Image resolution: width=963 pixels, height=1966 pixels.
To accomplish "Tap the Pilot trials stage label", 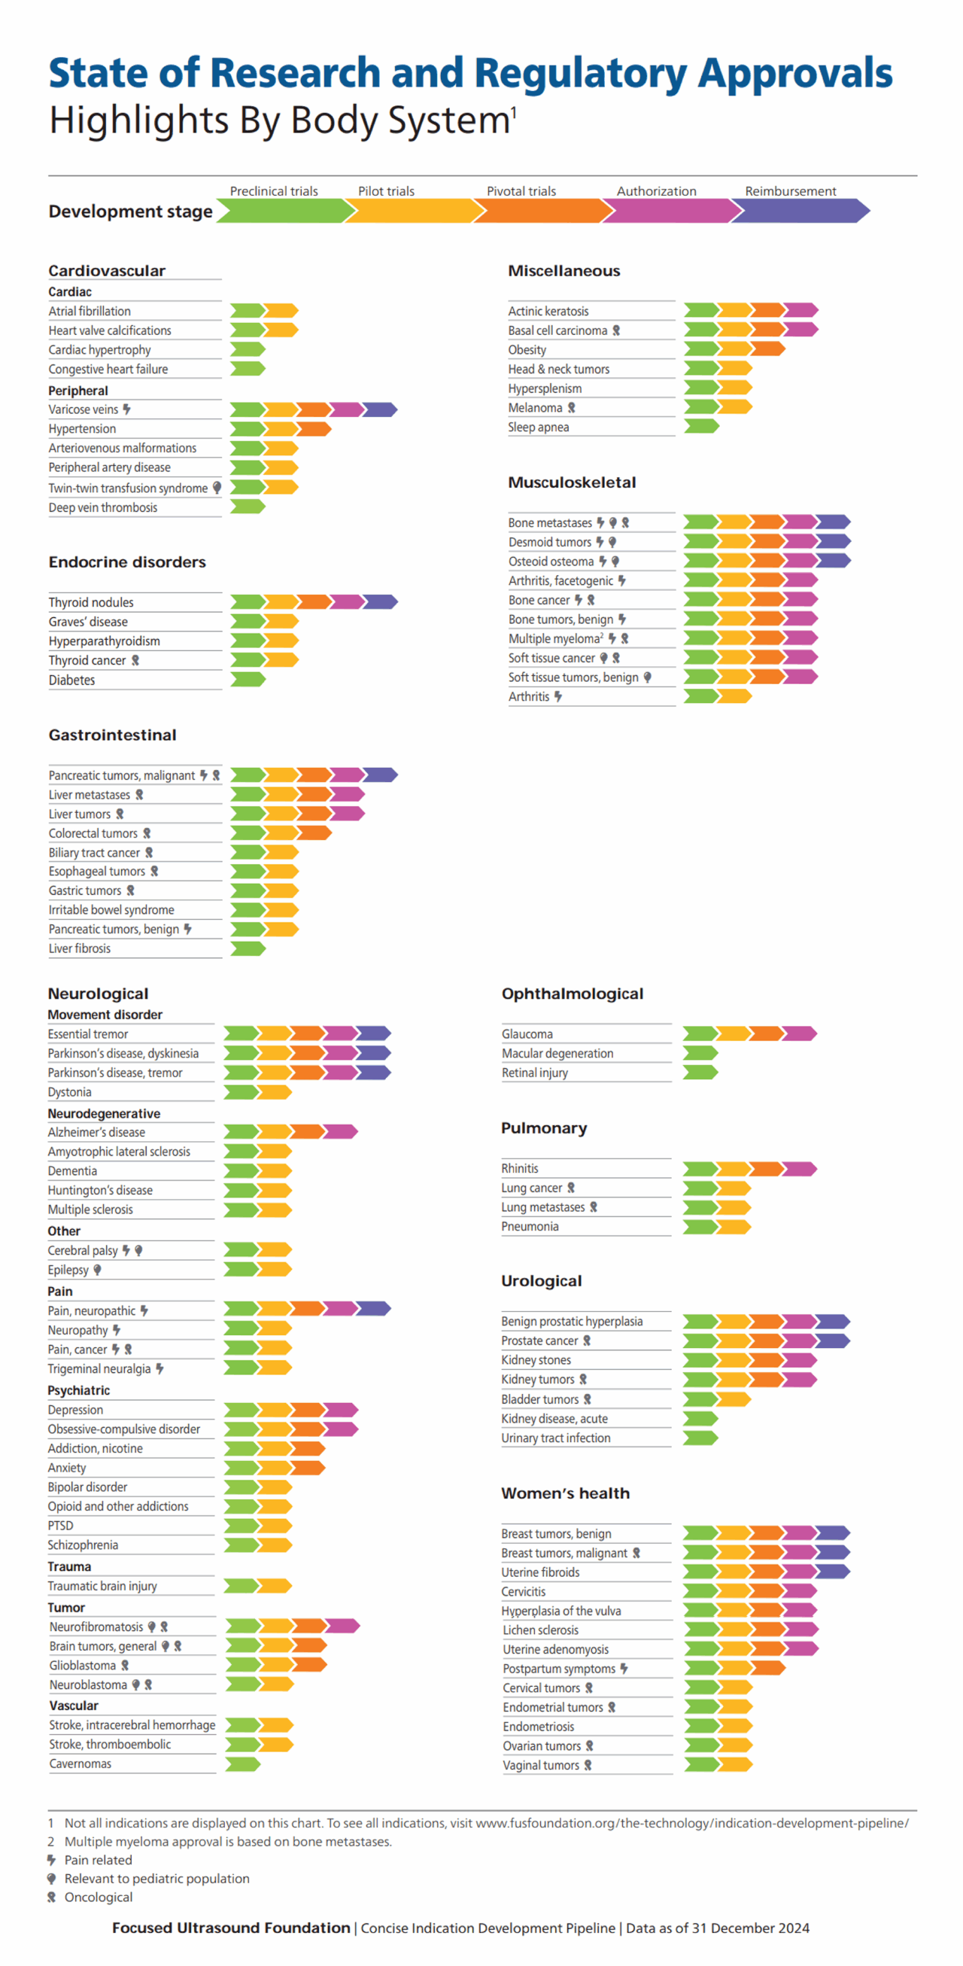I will (x=386, y=190).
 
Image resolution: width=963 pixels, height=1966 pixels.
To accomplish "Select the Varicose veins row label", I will (x=84, y=410).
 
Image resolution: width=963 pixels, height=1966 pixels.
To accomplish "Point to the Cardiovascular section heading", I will (x=107, y=271).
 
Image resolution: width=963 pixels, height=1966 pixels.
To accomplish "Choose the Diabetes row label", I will (x=71, y=680).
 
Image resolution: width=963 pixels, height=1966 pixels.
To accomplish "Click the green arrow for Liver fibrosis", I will (x=248, y=948).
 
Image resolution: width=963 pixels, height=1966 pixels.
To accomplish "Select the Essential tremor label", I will (x=88, y=1034).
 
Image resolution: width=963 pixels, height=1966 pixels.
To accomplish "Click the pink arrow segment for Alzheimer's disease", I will (x=340, y=1131).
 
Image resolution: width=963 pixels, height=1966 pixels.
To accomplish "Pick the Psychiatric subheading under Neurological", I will (x=78, y=1390).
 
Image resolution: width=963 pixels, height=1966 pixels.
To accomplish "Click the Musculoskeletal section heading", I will (x=572, y=482).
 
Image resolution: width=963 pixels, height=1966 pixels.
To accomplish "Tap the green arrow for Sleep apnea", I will (x=700, y=426).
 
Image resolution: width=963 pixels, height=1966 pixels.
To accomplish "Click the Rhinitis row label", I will (x=520, y=1168).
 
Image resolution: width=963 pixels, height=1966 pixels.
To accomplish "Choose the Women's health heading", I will (x=566, y=1493).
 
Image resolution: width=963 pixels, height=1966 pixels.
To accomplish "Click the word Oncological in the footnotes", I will (x=99, y=1898).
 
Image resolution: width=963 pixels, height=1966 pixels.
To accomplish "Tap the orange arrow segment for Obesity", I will (x=767, y=348).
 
